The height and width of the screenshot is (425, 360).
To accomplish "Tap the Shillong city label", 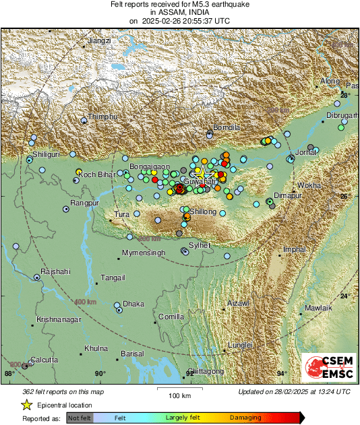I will (202, 211).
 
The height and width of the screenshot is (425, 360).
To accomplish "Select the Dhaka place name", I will (133, 304).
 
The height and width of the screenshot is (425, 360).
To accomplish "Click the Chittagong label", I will (204, 371).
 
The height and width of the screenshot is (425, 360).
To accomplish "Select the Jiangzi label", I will (99, 41).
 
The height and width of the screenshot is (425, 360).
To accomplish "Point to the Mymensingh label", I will (143, 253).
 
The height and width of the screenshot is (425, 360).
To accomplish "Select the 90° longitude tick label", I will (100, 374).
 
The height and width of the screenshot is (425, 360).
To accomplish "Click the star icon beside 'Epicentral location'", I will (26, 405).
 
